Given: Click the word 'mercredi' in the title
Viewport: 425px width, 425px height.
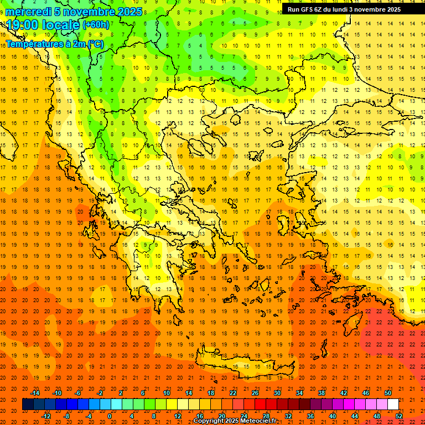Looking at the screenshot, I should [x=29, y=12].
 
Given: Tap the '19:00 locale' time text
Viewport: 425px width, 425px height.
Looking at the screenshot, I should [x=43, y=25].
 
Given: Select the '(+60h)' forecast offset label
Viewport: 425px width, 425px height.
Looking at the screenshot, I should [x=96, y=25].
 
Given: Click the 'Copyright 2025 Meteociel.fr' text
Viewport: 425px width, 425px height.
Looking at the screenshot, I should [x=235, y=421].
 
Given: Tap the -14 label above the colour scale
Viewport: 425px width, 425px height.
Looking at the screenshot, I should [x=35, y=393].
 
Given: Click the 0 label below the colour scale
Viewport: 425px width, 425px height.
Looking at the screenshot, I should [x=110, y=416].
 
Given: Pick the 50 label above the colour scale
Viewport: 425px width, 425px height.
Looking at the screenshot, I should [x=388, y=393].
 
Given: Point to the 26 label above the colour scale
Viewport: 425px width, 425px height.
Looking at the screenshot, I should [x=255, y=393].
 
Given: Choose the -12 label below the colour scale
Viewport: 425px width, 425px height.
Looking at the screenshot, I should [x=46, y=416].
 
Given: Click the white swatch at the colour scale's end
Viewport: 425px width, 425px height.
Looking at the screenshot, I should [x=393, y=405].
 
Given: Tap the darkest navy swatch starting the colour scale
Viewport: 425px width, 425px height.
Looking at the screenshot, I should [x=28, y=405].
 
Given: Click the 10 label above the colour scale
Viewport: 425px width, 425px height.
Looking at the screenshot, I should [x=167, y=393].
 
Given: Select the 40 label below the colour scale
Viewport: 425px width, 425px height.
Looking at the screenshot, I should [x=333, y=416].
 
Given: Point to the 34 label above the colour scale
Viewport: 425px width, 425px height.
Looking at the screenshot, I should [x=299, y=393].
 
